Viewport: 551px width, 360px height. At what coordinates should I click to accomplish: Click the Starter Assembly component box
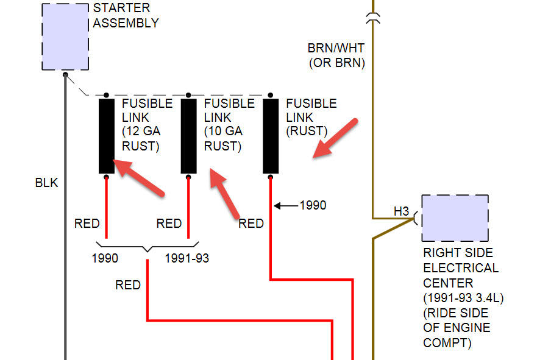click(65, 37)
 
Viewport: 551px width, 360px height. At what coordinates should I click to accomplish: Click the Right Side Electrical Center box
click(455, 218)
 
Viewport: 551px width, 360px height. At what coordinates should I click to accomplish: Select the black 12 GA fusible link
click(107, 136)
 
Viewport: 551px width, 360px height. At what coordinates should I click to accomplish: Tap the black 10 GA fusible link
click(189, 136)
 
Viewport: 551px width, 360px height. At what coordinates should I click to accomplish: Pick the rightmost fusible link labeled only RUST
click(271, 136)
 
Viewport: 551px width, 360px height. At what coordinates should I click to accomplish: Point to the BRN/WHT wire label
click(336, 48)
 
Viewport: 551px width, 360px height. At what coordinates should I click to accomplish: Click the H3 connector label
click(400, 211)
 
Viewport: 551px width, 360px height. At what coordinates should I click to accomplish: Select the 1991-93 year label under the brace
click(187, 258)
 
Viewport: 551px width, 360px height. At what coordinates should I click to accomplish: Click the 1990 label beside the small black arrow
click(313, 205)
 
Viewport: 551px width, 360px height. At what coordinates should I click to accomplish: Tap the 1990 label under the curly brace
click(105, 258)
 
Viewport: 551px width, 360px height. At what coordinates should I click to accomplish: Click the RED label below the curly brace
click(128, 284)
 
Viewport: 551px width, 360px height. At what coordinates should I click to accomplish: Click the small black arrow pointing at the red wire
click(285, 205)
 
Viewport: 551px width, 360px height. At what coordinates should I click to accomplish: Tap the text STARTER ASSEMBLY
click(126, 16)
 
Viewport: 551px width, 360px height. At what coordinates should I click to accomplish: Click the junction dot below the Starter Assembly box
click(65, 74)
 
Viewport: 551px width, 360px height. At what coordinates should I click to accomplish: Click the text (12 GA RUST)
click(141, 138)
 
